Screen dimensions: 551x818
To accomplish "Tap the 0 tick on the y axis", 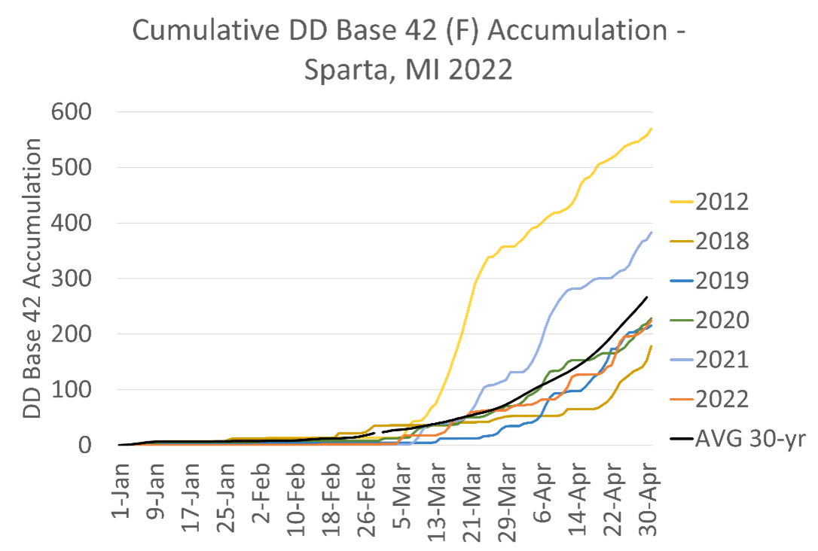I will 84,445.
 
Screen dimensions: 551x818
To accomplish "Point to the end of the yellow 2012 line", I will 652,129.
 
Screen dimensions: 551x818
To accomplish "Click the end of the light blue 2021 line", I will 652,232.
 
